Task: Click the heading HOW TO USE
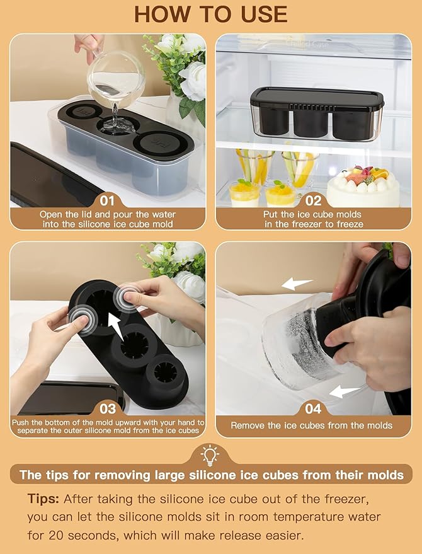coord(211,13)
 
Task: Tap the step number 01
coord(107,201)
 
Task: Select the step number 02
coord(313,201)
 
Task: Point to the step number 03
coord(107,408)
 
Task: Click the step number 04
coord(313,408)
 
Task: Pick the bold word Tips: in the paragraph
coord(43,499)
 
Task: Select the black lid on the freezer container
coord(317,98)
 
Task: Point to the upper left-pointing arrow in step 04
coord(297,284)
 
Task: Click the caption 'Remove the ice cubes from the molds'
coord(311,425)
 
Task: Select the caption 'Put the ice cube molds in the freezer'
coord(313,219)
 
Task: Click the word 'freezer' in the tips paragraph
coord(355,499)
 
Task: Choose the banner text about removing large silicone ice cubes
coord(211,475)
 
